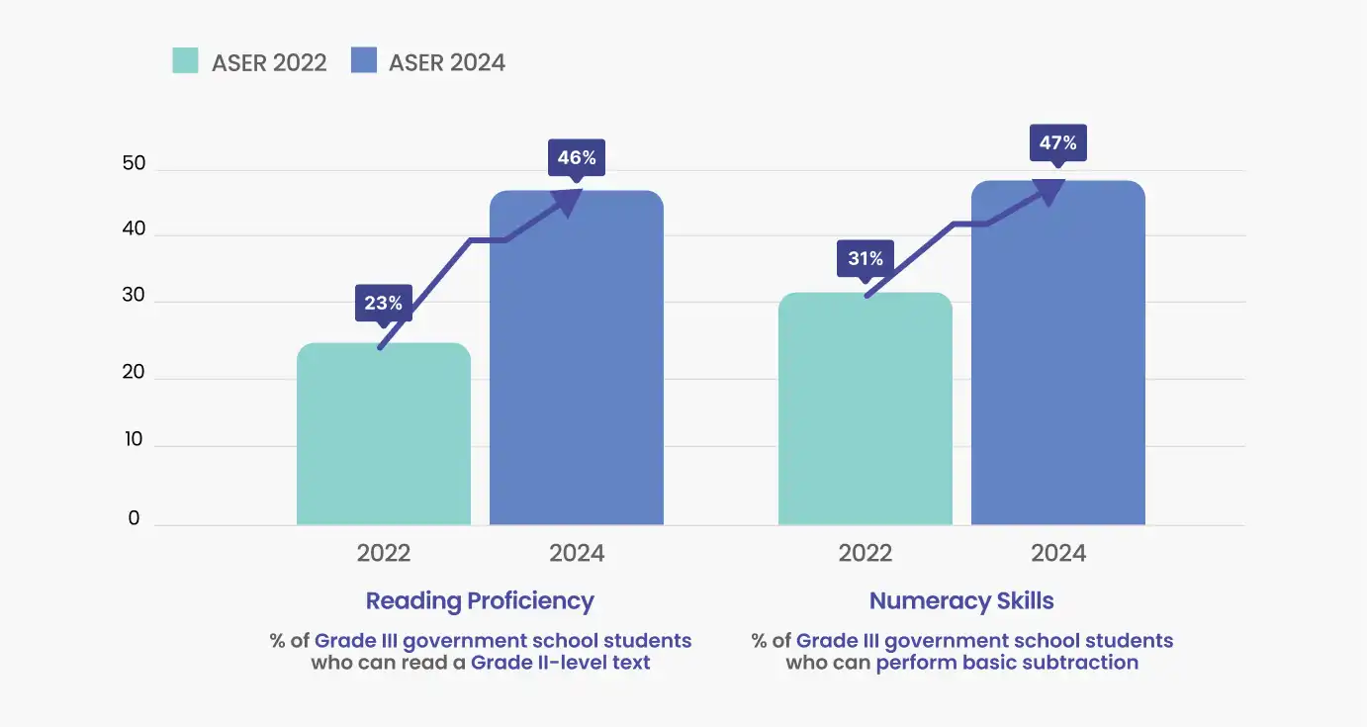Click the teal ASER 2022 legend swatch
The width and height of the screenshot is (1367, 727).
[x=185, y=61]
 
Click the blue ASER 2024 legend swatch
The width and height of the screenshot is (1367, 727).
[x=364, y=61]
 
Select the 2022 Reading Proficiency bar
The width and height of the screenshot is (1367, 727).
[x=384, y=435]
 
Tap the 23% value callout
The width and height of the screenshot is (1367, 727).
[x=383, y=303]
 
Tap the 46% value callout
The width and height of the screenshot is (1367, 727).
[x=576, y=157]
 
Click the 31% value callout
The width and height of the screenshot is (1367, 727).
[x=865, y=259]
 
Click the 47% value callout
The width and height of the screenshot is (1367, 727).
[x=1057, y=142]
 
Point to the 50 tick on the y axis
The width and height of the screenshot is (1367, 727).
[x=134, y=164]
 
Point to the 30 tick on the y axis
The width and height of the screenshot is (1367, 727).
[x=134, y=296]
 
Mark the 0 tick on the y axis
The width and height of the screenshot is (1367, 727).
[x=134, y=518]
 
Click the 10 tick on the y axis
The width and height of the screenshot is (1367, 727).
[x=134, y=440]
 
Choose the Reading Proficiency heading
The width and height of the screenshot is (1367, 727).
[x=480, y=600]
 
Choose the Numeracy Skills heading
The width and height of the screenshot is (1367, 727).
[x=961, y=600]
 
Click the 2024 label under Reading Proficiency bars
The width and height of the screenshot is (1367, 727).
[x=577, y=553]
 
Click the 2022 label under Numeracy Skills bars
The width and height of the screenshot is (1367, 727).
[x=866, y=553]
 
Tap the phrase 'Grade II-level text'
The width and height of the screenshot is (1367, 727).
[x=561, y=663]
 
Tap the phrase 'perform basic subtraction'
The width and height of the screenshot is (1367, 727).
[x=1007, y=663]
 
